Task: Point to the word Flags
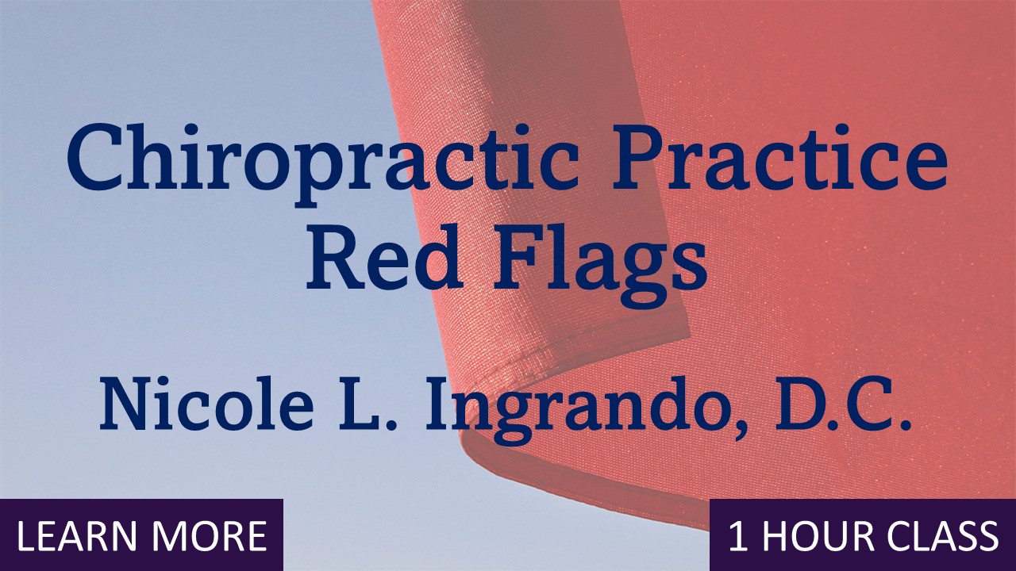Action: tap(599, 262)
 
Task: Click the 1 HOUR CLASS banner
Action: tap(863, 537)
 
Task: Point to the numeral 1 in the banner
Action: tap(738, 537)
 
